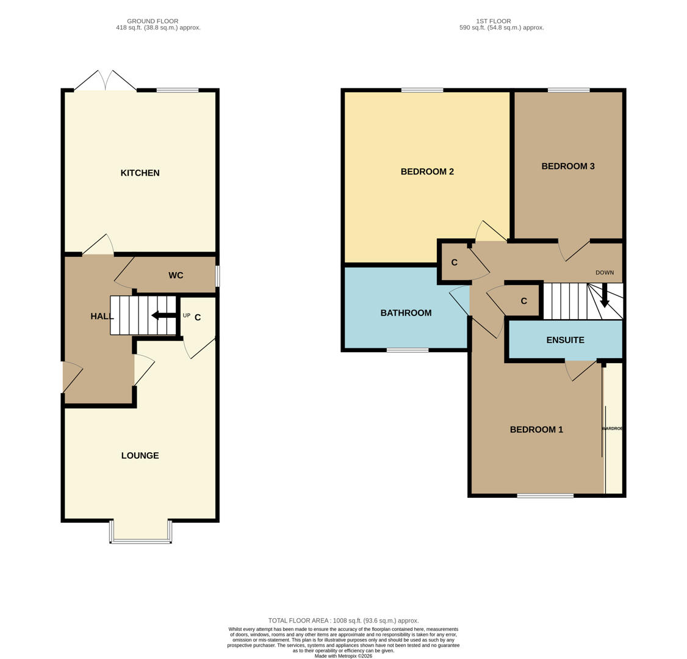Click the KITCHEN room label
(x=140, y=173)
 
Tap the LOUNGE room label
(x=140, y=456)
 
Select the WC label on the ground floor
(x=176, y=276)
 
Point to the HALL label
(x=102, y=316)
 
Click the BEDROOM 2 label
(x=427, y=172)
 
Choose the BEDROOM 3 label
(x=567, y=167)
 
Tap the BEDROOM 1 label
(x=536, y=430)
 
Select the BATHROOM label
(x=406, y=313)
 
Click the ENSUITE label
(x=565, y=340)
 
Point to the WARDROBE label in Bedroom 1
(x=613, y=429)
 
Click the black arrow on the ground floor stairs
(x=163, y=315)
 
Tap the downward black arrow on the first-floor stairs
(x=605, y=296)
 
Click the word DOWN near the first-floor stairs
(x=605, y=273)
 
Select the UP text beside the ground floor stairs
(x=187, y=315)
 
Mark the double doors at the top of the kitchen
(x=106, y=81)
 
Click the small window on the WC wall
(x=217, y=276)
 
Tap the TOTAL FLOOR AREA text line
(x=343, y=621)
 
